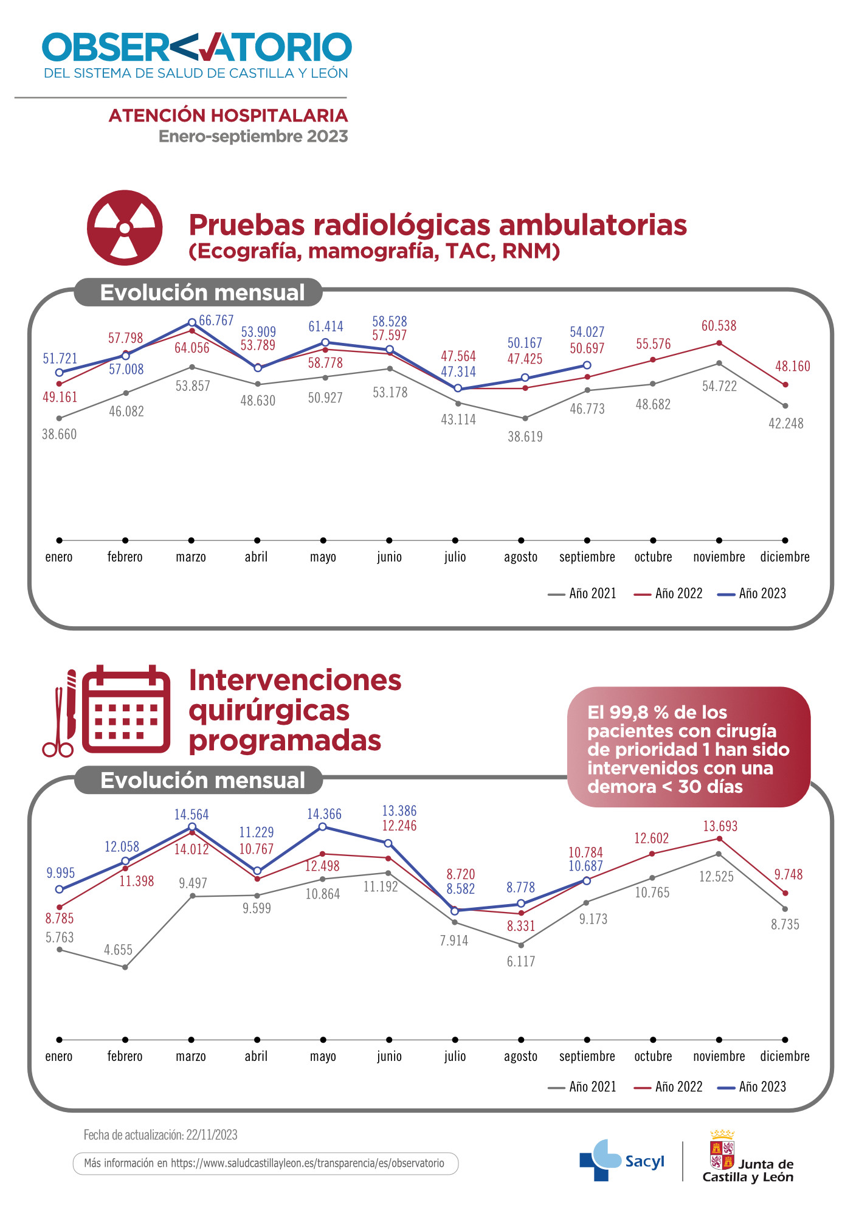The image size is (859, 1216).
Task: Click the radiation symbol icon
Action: tap(125, 228)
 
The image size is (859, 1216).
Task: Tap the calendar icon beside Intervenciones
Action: tap(126, 710)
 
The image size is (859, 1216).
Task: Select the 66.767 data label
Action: tap(216, 320)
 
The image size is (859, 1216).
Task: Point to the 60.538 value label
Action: tap(719, 326)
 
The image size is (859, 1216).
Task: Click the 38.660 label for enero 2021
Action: tap(59, 434)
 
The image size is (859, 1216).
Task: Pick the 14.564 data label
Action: tap(191, 815)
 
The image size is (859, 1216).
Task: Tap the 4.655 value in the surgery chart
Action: tap(118, 950)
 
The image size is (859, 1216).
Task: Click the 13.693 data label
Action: tap(720, 826)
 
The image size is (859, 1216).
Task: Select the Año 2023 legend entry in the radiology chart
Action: tap(752, 593)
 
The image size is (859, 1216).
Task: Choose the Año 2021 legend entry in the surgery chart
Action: tap(582, 1086)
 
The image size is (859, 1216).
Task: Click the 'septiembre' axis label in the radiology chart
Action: tap(587, 557)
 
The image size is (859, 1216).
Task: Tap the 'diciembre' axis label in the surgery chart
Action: tap(785, 1056)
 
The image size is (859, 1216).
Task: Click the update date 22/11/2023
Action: tap(212, 1135)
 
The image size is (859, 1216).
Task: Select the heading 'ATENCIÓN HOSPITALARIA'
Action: tap(228, 116)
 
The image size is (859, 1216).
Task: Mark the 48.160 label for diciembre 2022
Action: tap(792, 367)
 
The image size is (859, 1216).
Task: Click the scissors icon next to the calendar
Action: tap(58, 724)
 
